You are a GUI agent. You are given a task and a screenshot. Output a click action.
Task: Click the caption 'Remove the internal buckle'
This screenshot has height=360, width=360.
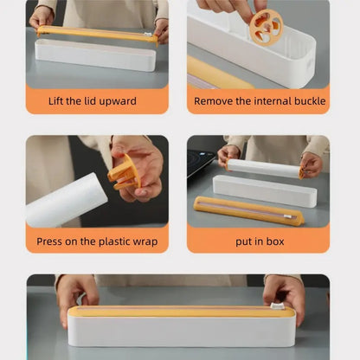260,101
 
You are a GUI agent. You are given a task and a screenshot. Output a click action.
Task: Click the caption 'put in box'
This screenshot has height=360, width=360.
258,241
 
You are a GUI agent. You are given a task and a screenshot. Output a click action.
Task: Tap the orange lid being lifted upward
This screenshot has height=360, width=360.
95,35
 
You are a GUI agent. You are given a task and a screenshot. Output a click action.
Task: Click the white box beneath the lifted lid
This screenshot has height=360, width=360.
95,55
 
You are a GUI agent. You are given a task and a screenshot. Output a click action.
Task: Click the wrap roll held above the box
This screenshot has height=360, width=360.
264,167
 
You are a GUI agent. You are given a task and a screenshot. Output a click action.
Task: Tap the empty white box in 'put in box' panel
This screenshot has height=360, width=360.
265,190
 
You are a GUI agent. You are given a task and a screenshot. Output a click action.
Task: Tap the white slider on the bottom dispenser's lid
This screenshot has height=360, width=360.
278,306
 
